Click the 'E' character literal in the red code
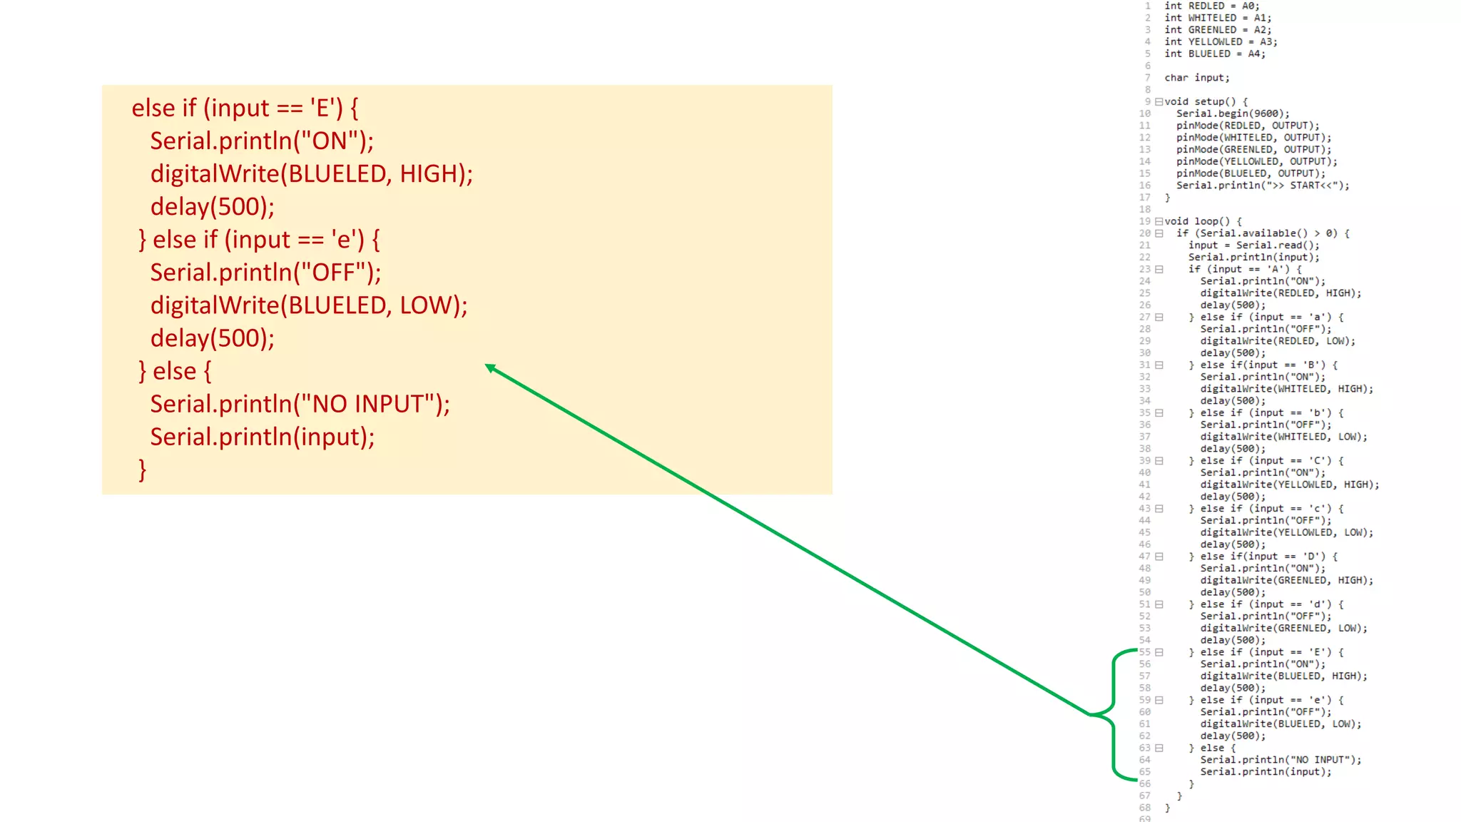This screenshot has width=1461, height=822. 323,108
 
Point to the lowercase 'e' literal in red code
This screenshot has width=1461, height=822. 345,240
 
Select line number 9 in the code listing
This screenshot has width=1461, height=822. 1147,101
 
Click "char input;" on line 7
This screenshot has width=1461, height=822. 1196,78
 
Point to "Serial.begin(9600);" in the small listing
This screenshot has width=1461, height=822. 1233,113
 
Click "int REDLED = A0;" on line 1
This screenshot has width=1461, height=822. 1212,6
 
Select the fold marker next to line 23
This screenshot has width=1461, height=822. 1159,269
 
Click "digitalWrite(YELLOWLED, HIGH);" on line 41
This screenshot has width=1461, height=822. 1289,484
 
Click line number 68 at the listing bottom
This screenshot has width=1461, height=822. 1144,808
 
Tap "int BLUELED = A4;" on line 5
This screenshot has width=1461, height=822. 1214,54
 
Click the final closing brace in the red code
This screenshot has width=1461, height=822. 143,470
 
